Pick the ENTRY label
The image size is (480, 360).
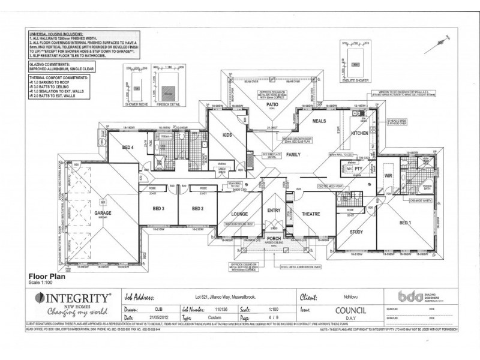click(x=274, y=210)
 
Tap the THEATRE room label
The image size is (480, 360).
click(x=311, y=214)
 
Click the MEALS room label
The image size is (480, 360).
click(x=319, y=121)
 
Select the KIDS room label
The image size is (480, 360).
click(x=227, y=136)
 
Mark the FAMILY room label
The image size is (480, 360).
click(x=293, y=154)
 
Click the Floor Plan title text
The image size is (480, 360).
click(x=46, y=277)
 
